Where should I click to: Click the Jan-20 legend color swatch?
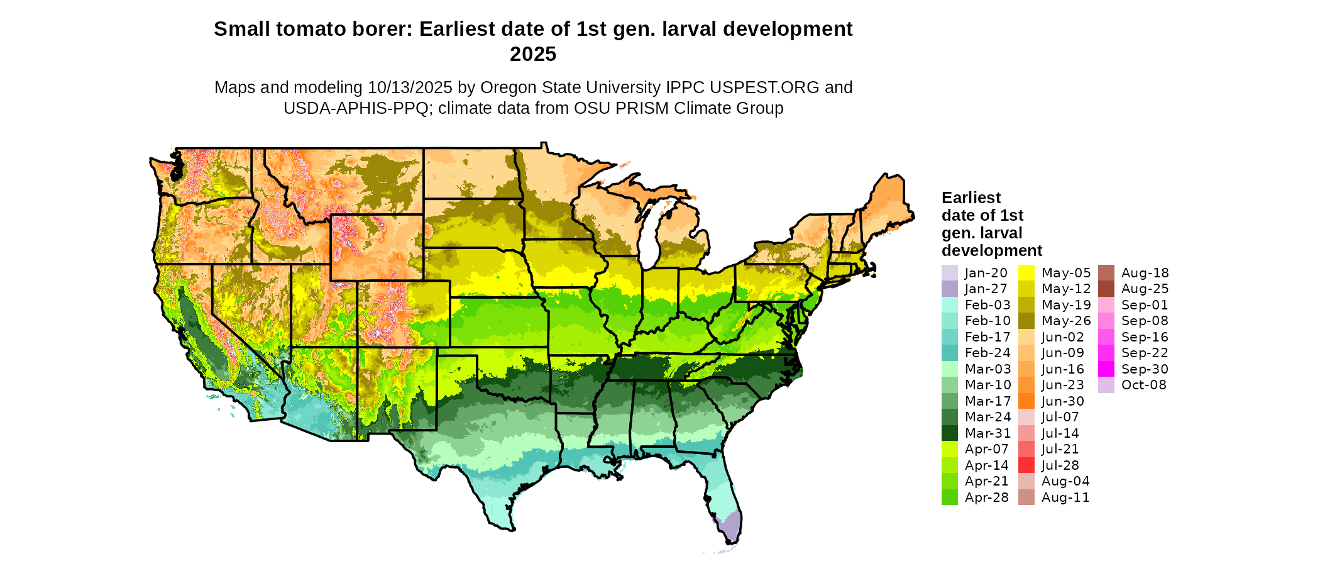pyautogui.click(x=949, y=273)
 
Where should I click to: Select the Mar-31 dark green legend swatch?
pyautogui.click(x=949, y=433)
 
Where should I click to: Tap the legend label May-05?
pyautogui.click(x=1066, y=273)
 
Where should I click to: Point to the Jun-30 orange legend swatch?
pyautogui.click(x=1026, y=401)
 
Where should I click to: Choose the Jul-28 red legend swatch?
pyautogui.click(x=1026, y=465)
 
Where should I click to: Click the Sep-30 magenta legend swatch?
pyautogui.click(x=1106, y=369)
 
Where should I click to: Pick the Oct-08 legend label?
pyautogui.click(x=1143, y=385)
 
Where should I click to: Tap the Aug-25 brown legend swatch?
pyautogui.click(x=1106, y=289)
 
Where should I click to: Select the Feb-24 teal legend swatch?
pyautogui.click(x=949, y=353)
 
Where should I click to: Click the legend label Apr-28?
pyautogui.click(x=986, y=497)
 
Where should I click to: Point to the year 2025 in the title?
pyautogui.click(x=533, y=54)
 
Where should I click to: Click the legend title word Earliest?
pyautogui.click(x=971, y=198)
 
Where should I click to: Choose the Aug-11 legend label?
pyautogui.click(x=1065, y=497)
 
